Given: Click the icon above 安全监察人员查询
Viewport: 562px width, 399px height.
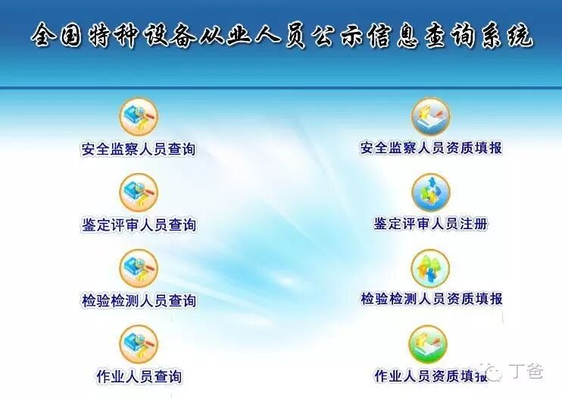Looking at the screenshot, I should [x=139, y=118].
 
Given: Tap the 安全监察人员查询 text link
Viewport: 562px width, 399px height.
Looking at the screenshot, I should [x=139, y=149].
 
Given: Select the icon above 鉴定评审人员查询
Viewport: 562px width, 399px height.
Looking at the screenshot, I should [x=139, y=193].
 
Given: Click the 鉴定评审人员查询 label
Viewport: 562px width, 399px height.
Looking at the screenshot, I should [x=139, y=225].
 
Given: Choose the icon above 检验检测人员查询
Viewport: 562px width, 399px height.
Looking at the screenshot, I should [x=139, y=269].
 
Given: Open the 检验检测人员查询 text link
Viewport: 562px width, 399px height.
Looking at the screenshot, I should [x=139, y=300].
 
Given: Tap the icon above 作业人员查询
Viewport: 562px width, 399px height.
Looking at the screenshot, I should [x=139, y=344].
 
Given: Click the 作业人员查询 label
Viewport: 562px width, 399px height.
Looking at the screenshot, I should [x=139, y=376].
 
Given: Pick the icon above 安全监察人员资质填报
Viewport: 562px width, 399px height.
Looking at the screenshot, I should [x=431, y=116].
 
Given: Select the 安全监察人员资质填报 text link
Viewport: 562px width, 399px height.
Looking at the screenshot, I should [x=431, y=148].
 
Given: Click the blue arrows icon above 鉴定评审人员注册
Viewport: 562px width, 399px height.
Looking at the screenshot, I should [x=431, y=193].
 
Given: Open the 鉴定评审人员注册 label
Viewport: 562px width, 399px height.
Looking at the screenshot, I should [x=431, y=224].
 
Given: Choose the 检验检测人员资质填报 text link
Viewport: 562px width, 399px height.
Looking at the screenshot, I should [x=431, y=299].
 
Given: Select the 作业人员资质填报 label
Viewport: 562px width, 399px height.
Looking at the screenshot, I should [x=431, y=375].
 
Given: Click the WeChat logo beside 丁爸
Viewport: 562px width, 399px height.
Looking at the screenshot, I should [x=498, y=372].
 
